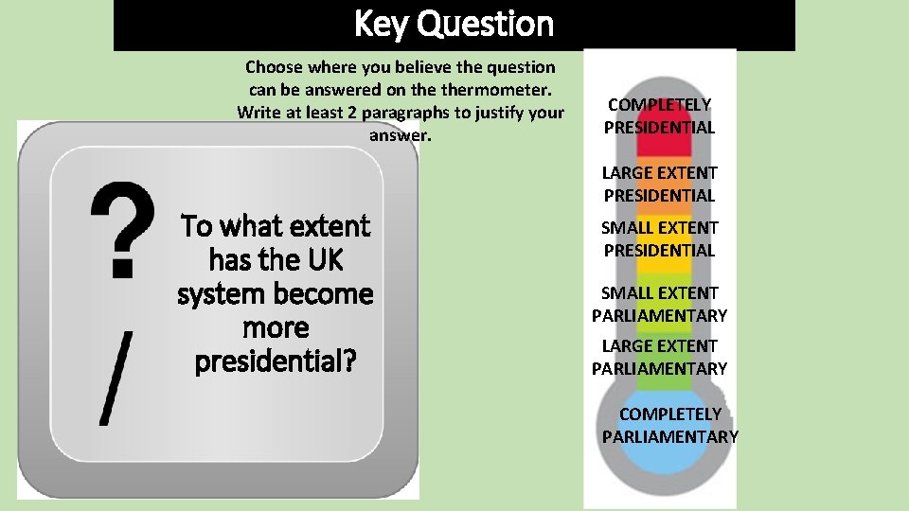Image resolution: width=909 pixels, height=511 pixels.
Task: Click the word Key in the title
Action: tap(382, 24)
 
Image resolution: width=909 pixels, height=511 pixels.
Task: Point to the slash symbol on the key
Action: tap(115, 377)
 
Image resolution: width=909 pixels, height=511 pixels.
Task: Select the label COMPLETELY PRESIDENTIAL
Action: tap(660, 115)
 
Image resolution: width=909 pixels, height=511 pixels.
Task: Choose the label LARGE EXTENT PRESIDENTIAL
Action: tap(660, 184)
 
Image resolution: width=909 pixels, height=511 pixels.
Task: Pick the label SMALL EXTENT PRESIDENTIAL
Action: tap(660, 238)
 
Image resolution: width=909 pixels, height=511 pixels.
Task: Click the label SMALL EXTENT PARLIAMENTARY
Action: tap(660, 304)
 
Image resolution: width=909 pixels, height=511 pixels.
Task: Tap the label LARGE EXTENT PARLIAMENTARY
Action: tap(660, 357)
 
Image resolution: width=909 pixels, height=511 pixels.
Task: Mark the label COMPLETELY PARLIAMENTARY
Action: tap(670, 425)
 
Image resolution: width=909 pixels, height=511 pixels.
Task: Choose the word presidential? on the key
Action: tap(276, 362)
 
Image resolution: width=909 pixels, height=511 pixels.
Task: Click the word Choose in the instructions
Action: tap(276, 67)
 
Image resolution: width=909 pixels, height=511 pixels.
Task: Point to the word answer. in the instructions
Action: tap(400, 135)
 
